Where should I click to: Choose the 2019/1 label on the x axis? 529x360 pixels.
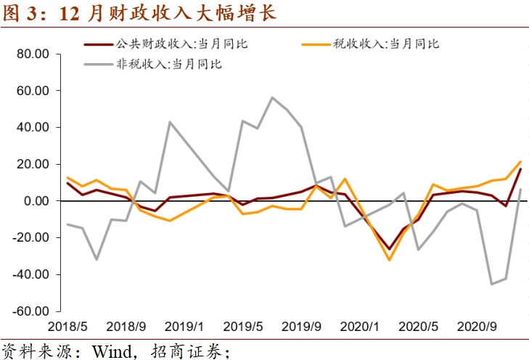click(184, 326)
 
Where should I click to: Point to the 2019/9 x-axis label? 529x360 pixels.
click(302, 326)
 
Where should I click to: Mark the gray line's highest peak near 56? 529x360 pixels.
click(272, 97)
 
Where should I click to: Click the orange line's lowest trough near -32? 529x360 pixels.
click(389, 260)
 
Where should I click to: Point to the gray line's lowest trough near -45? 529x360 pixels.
click(491, 284)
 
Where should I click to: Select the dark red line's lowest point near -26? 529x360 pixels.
click(389, 249)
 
